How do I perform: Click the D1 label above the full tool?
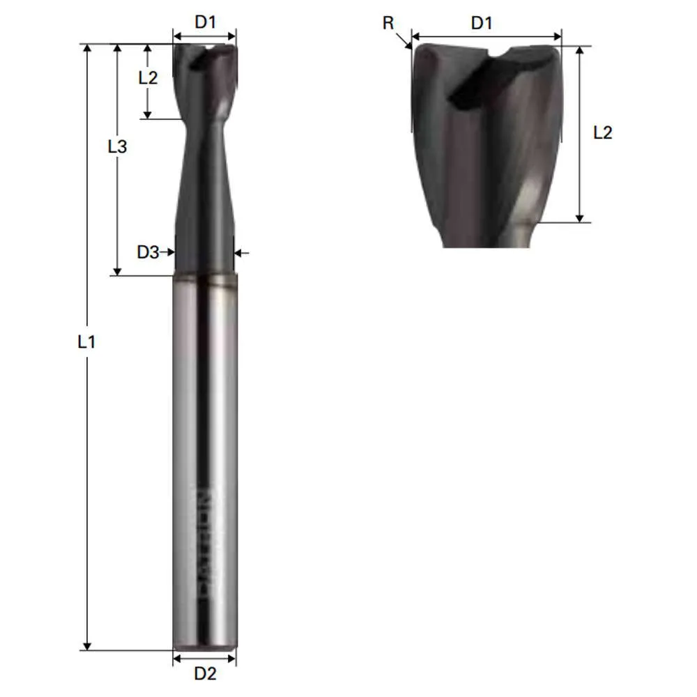click(x=205, y=22)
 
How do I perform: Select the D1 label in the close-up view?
click(x=482, y=22)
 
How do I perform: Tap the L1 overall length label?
click(x=86, y=342)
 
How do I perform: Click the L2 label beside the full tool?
click(x=148, y=77)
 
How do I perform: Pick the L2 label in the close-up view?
click(x=602, y=132)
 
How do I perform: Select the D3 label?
click(x=147, y=253)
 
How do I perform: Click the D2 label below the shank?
click(x=205, y=673)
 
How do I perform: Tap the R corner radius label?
click(x=388, y=23)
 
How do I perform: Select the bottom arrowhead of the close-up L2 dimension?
click(x=579, y=217)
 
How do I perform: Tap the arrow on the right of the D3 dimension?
click(x=240, y=253)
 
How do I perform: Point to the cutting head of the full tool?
click(x=205, y=77)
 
